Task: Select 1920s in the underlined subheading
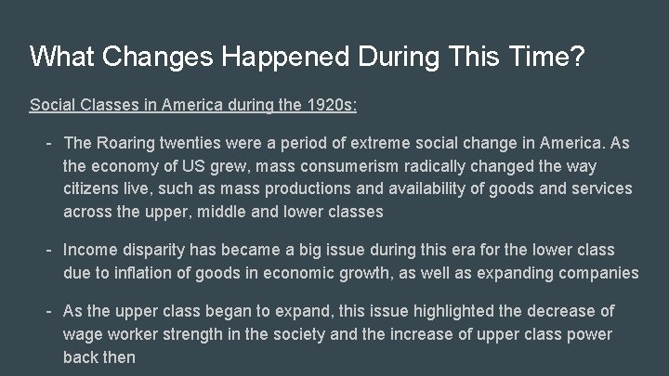point(329,104)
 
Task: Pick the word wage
point(83,333)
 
